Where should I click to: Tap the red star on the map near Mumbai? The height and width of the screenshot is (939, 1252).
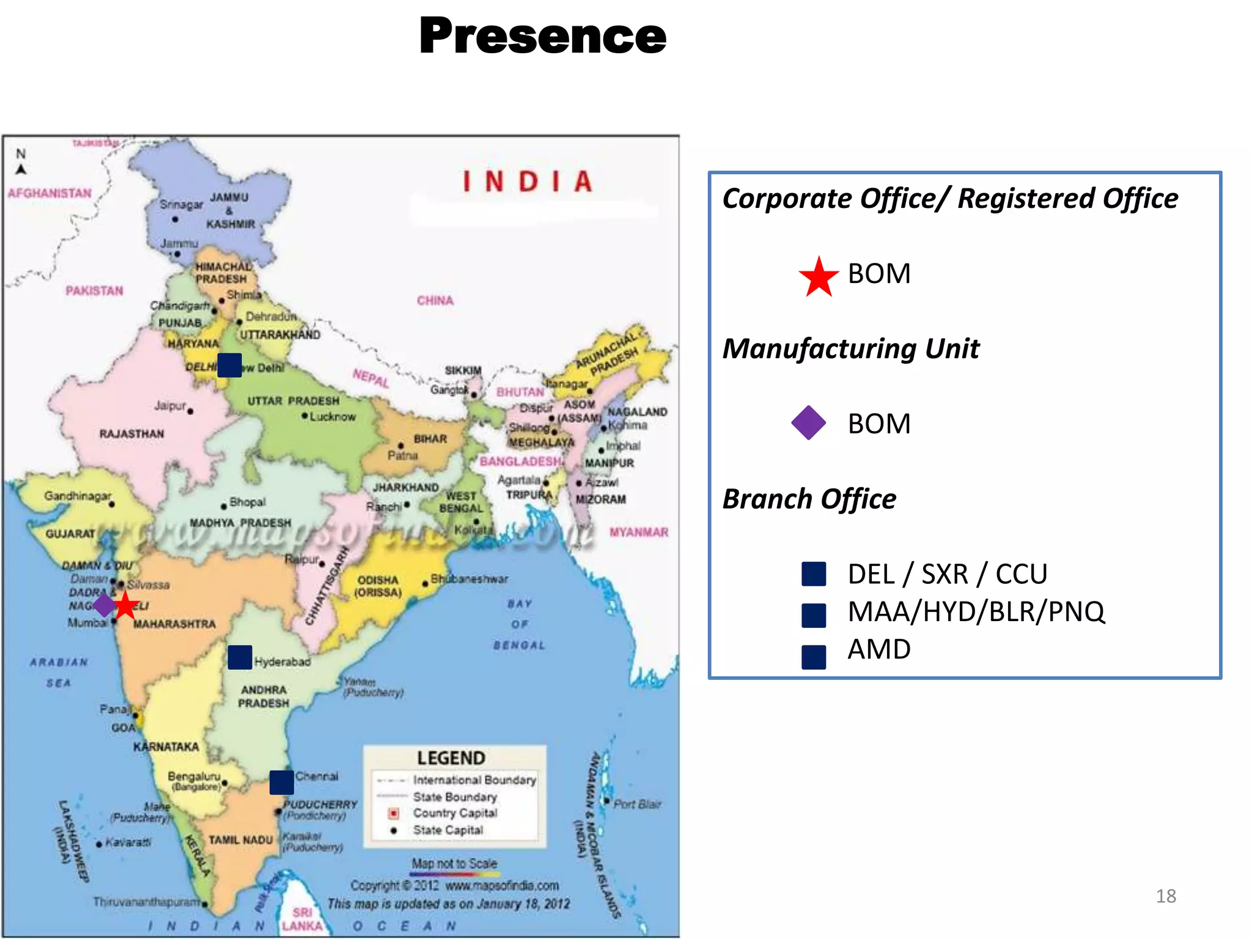pyautogui.click(x=125, y=605)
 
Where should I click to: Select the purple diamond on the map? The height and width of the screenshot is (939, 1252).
pyautogui.click(x=104, y=605)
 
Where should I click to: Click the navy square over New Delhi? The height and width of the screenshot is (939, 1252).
pyautogui.click(x=229, y=365)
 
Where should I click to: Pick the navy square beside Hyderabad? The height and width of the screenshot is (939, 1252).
pyautogui.click(x=240, y=657)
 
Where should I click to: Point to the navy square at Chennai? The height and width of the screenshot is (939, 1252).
pyautogui.click(x=281, y=782)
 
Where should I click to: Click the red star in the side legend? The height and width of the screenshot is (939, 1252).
pyautogui.click(x=819, y=277)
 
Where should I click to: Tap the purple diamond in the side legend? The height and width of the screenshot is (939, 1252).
pyautogui.click(x=808, y=423)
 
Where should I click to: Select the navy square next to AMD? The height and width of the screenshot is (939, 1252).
pyautogui.click(x=814, y=657)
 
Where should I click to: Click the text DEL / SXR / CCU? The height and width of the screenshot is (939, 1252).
pyautogui.click(x=947, y=574)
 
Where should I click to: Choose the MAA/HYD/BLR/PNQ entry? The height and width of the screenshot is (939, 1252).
pyautogui.click(x=976, y=611)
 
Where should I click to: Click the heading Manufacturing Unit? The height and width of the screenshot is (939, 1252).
pyautogui.click(x=850, y=348)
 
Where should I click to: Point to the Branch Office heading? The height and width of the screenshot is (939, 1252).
pyautogui.click(x=809, y=499)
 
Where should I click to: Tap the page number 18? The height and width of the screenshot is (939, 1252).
pyautogui.click(x=1166, y=896)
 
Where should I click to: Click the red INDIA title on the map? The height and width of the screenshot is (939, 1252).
pyautogui.click(x=527, y=182)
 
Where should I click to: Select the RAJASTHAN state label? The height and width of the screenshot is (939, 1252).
pyautogui.click(x=131, y=434)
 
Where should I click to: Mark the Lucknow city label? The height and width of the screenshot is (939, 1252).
pyautogui.click(x=332, y=417)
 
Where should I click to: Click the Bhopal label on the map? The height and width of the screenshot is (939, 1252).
pyautogui.click(x=247, y=502)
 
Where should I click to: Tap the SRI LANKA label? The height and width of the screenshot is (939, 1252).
pyautogui.click(x=302, y=919)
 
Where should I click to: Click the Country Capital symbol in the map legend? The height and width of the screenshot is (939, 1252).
pyautogui.click(x=394, y=813)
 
